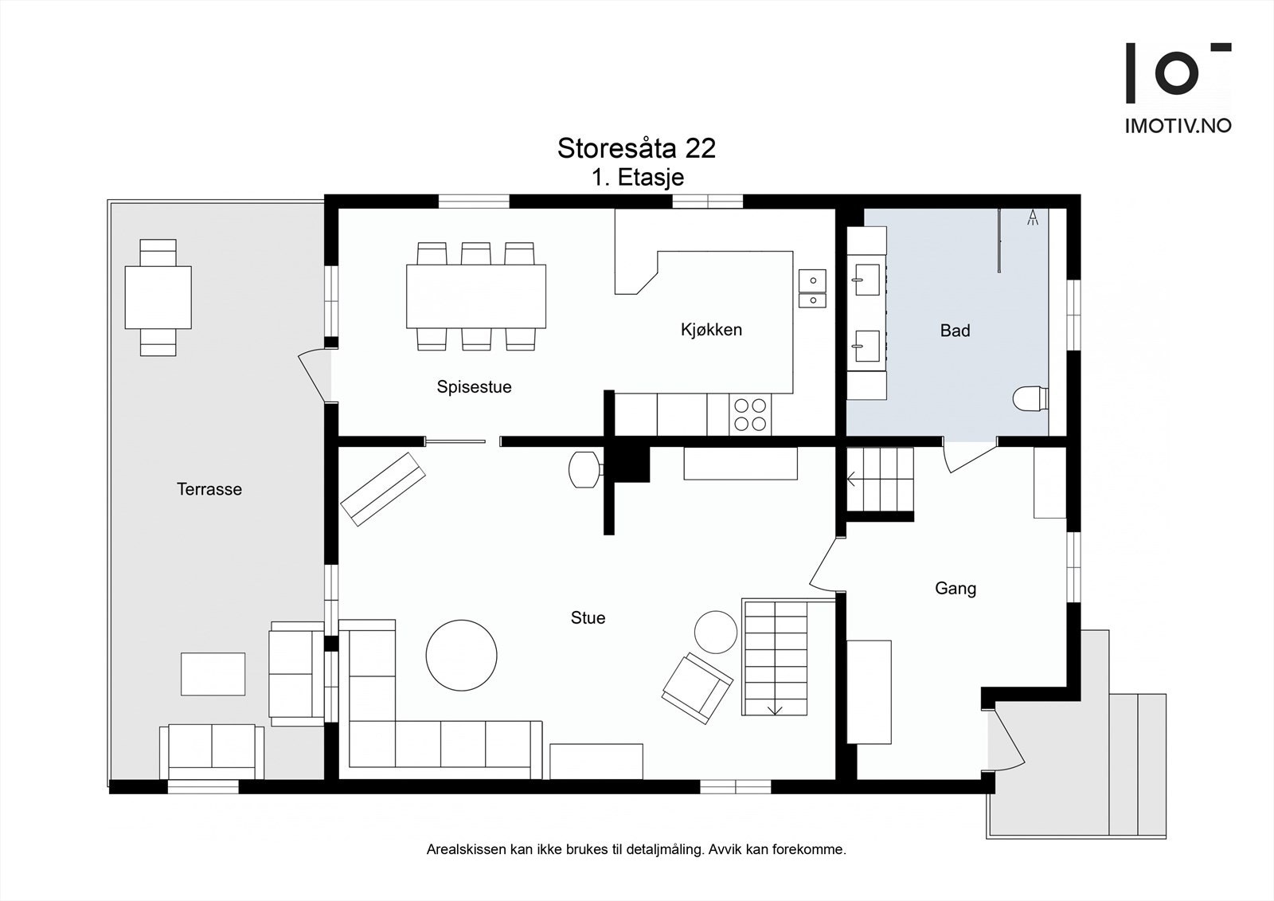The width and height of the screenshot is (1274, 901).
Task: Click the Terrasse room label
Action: [209, 489]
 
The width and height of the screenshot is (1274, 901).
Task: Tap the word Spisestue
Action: [474, 387]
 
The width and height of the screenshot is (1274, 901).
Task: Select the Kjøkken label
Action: [712, 330]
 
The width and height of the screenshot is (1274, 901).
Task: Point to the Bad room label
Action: [955, 330]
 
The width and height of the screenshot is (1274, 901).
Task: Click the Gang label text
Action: [955, 589]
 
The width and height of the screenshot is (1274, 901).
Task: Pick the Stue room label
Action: [588, 617]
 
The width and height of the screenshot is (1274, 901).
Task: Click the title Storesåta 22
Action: [636, 148]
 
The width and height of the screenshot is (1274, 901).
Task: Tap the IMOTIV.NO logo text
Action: [1178, 127]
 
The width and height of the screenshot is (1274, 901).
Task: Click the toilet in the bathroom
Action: [1030, 398]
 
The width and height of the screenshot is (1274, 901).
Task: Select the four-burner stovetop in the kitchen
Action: [749, 414]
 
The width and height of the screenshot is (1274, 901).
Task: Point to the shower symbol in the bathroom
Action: [1032, 217]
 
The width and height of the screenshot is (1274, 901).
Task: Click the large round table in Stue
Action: [461, 655]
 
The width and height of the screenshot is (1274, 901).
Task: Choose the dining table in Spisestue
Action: [476, 296]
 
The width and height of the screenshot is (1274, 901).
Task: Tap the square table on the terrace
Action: [158, 297]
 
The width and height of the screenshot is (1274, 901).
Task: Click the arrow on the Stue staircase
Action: [776, 709]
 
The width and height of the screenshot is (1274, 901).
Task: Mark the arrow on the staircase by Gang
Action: [852, 480]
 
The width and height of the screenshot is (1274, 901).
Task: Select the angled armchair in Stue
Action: [698, 688]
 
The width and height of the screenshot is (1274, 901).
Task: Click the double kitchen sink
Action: [812, 288]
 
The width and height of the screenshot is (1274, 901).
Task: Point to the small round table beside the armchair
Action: [716, 632]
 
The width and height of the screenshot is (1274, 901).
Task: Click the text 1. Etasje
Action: [638, 178]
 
